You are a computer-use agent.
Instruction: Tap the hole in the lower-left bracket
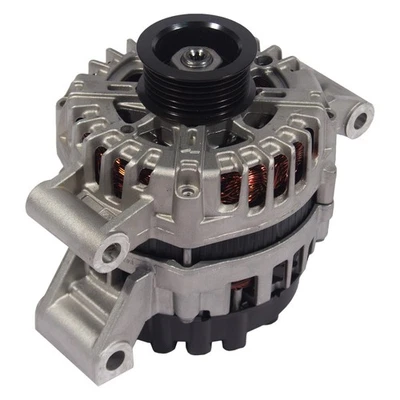[x=117, y=353]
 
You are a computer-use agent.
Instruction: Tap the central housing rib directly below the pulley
[x=190, y=150]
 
